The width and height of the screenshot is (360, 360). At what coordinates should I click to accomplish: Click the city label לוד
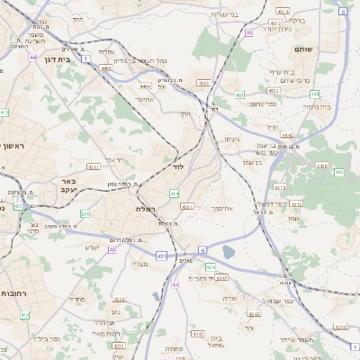(x=177, y=166)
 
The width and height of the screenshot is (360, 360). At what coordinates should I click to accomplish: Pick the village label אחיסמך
(x=223, y=207)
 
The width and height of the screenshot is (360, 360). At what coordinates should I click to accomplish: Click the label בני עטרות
(x=245, y=14)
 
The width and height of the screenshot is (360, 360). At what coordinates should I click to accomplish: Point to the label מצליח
(x=139, y=265)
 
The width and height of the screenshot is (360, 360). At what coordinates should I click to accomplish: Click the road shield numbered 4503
(x=203, y=83)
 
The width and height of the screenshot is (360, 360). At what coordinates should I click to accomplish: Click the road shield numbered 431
(x=162, y=256)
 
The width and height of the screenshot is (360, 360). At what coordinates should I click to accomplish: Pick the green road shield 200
(x=86, y=213)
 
